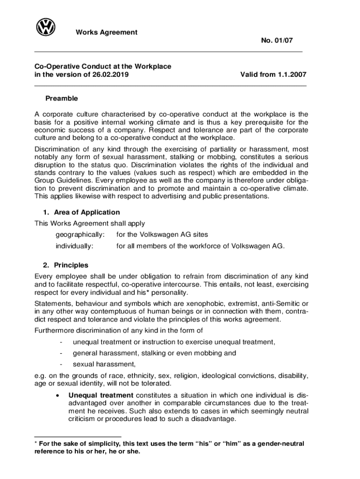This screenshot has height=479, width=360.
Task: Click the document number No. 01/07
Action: click(x=277, y=42)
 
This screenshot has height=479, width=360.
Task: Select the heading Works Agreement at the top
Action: click(x=107, y=32)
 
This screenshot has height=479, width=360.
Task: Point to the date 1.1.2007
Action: click(x=291, y=74)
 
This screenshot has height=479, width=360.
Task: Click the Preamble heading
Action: click(x=62, y=99)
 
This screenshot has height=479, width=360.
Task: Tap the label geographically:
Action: click(x=80, y=234)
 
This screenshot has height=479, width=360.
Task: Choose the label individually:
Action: click(x=75, y=246)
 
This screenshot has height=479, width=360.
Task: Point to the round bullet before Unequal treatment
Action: click(x=57, y=395)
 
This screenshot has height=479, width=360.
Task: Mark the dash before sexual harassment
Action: click(x=61, y=364)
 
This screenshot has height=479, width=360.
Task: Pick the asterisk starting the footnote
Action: click(x=36, y=443)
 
